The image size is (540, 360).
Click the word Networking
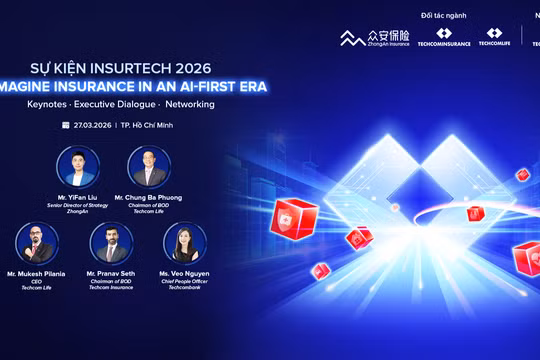(189, 104)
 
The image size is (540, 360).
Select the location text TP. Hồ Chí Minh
(152, 126)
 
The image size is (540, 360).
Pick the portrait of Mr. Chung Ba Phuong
(149, 167)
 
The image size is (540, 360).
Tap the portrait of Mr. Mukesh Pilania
(37, 244)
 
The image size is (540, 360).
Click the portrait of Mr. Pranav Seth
(111, 244)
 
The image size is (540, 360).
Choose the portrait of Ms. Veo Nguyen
(184, 244)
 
